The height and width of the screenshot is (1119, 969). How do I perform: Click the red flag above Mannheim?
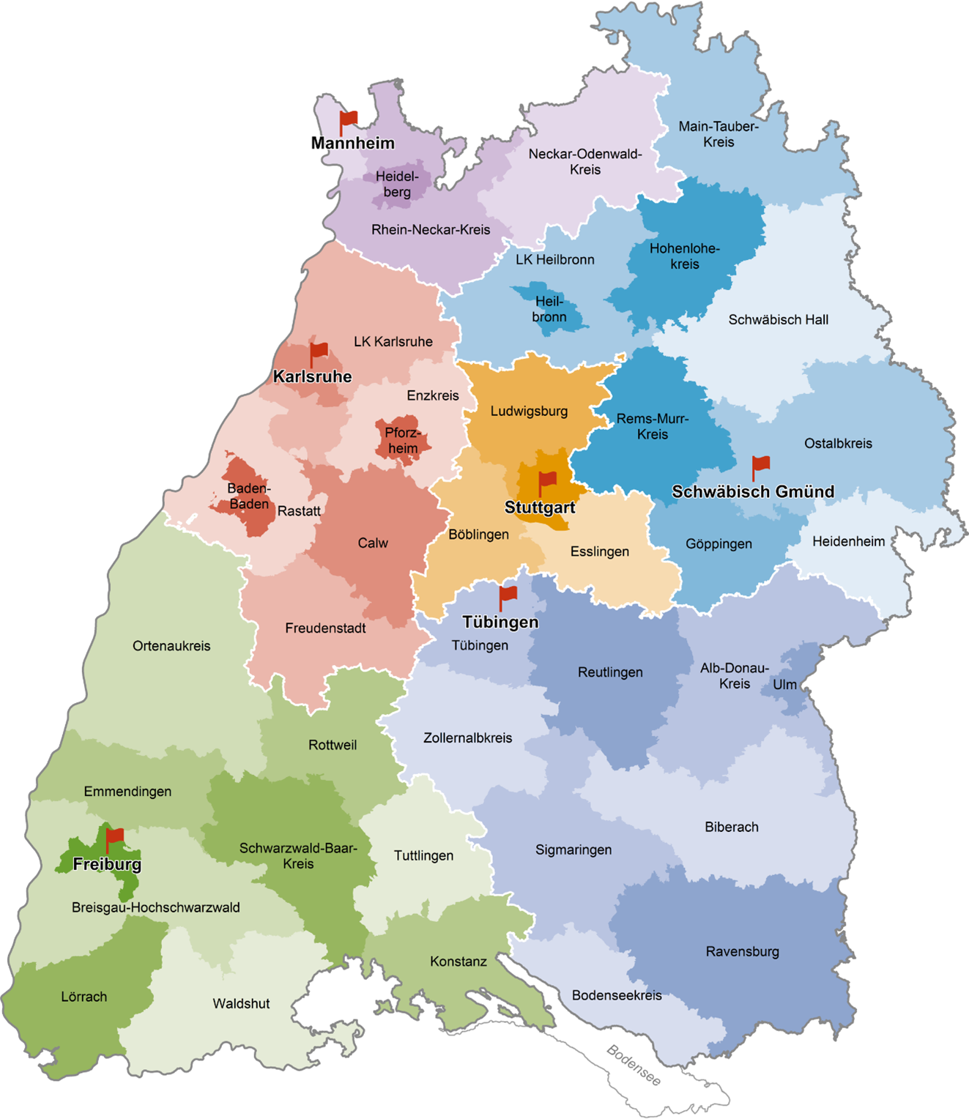pyautogui.click(x=348, y=121)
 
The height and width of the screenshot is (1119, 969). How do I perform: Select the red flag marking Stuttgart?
pyautogui.click(x=547, y=481)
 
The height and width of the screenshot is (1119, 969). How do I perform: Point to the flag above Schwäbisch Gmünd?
pyautogui.click(x=760, y=465)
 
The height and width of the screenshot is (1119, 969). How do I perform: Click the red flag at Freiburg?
pyautogui.click(x=114, y=837)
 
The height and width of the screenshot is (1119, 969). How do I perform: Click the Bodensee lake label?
pyautogui.click(x=634, y=1066)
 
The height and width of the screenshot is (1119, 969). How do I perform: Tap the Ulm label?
pyautogui.click(x=784, y=685)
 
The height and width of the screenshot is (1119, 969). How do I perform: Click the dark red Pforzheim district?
pyautogui.click(x=402, y=441)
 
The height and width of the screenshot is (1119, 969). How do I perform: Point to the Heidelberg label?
pyautogui.click(x=397, y=184)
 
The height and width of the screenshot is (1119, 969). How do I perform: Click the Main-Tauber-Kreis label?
pyautogui.click(x=719, y=134)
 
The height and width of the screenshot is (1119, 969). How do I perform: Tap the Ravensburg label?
pyautogui.click(x=742, y=951)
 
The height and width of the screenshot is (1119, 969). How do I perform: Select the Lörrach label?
pyautogui.click(x=83, y=997)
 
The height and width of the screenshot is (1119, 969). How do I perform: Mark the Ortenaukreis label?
pyautogui.click(x=171, y=646)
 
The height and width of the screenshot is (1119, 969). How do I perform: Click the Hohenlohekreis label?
pyautogui.click(x=685, y=256)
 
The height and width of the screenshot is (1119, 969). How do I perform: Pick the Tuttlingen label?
pyautogui.click(x=423, y=855)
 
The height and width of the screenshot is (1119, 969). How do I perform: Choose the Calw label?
pyautogui.click(x=373, y=543)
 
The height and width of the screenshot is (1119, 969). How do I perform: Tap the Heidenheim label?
pyautogui.click(x=848, y=541)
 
